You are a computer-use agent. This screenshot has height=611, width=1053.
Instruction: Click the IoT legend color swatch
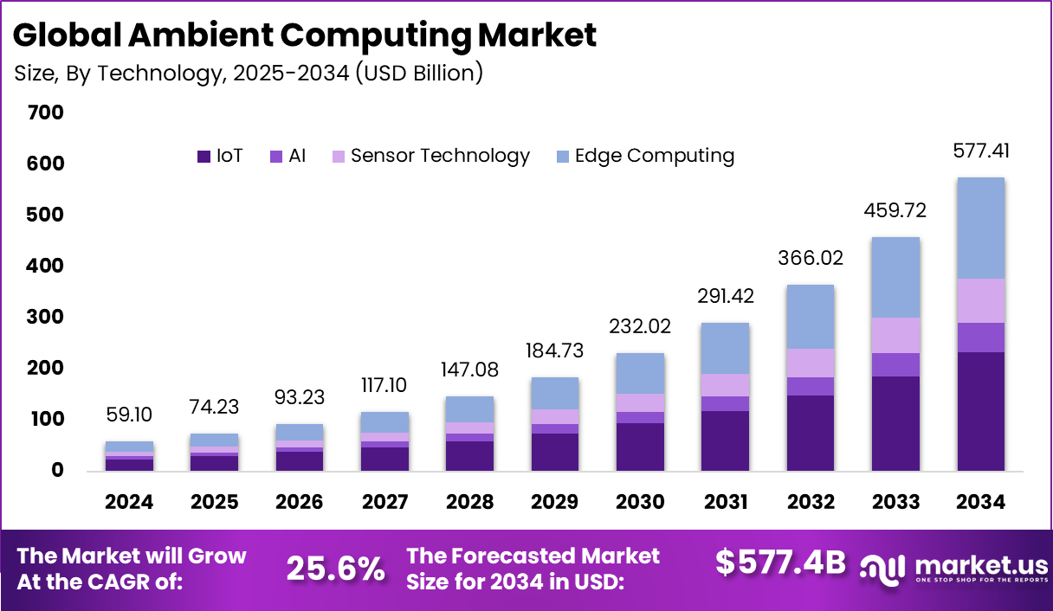click(204, 157)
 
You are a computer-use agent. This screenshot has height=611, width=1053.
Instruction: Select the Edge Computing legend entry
click(654, 156)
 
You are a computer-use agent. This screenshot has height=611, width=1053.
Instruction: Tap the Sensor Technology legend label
click(440, 156)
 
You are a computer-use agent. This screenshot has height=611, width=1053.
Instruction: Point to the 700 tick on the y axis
click(46, 113)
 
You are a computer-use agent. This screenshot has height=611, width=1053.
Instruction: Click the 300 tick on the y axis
click(46, 318)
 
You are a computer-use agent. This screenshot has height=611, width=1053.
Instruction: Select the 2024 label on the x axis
click(129, 503)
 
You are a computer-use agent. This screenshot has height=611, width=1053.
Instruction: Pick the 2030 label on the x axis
click(640, 503)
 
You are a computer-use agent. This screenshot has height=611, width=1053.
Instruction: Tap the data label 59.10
click(130, 415)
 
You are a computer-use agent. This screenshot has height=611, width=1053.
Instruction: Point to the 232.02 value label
click(640, 326)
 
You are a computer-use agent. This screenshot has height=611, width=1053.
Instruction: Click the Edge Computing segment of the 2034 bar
click(980, 228)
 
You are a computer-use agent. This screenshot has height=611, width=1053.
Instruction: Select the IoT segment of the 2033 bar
click(895, 423)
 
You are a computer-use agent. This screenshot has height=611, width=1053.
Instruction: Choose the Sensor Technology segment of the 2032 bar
click(811, 363)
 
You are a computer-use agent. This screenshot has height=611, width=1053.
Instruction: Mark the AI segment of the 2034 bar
click(980, 337)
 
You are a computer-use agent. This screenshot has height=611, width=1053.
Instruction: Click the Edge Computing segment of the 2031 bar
click(726, 348)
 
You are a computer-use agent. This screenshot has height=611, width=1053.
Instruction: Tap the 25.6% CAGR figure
click(335, 569)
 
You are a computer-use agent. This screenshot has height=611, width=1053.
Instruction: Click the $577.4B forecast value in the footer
click(780, 563)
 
